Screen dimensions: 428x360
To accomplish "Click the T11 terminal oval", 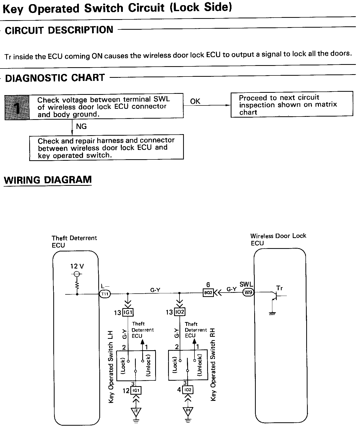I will coord(105,294).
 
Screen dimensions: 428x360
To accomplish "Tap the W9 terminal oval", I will coord(248,293).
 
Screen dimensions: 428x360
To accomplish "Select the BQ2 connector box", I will coord(208,293).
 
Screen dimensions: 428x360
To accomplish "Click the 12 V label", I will coord(77,266).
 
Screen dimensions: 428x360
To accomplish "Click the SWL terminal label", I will coord(246,284).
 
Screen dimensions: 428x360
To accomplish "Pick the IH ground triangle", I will coord(188,411).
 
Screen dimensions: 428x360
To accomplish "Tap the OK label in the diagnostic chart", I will coord(195,101).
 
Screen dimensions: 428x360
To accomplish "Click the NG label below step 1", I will coord(81,126).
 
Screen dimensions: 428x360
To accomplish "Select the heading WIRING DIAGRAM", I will coord(48,180).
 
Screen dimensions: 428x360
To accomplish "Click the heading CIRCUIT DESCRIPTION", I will coord(59,30).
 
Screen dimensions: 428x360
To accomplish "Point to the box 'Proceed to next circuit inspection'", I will coord(291,104).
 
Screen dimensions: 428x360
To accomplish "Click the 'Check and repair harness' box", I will coord(106,148).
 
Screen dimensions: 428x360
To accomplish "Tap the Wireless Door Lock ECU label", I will coord(278,239).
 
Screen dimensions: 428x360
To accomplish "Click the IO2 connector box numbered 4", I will coord(188,390).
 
